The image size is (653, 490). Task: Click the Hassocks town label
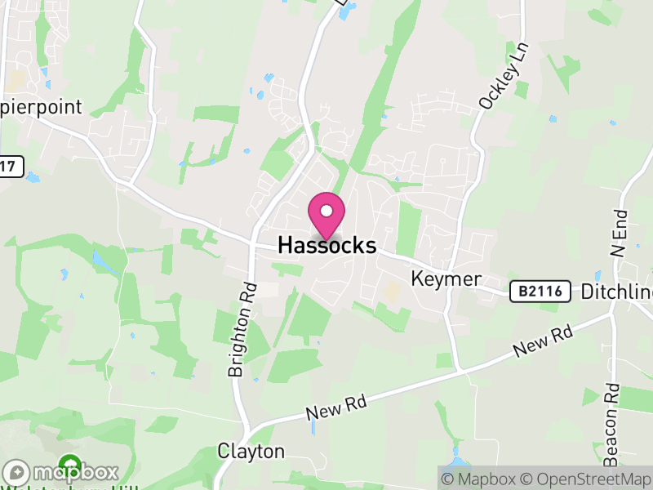pos(326,245)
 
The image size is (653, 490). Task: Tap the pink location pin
pos(326,215)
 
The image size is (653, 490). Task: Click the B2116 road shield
pos(540,292)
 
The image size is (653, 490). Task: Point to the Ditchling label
pos(616,292)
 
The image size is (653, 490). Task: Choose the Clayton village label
pos(251,452)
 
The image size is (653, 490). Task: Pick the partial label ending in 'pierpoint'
pos(41,107)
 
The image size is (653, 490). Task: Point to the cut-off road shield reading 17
pos(8,166)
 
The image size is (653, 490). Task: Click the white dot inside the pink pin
pos(326,211)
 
